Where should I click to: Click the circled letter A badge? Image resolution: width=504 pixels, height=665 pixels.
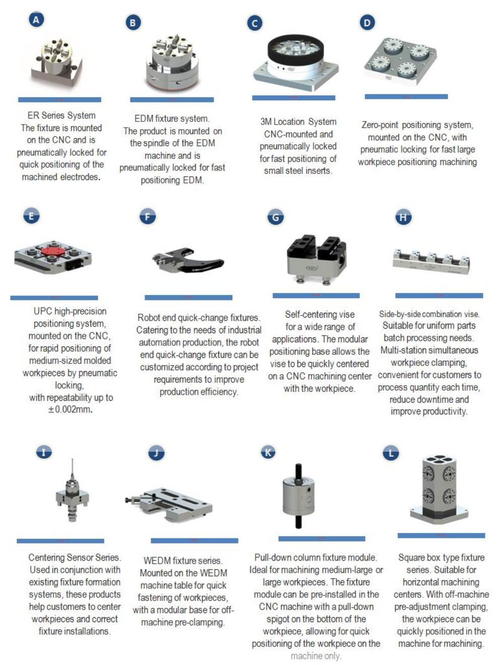coord(36,20)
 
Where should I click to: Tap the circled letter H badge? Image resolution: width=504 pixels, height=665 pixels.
coord(403,217)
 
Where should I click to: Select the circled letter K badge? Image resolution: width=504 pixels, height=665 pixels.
coord(268,452)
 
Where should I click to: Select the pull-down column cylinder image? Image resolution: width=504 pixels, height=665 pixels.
coord(299,497)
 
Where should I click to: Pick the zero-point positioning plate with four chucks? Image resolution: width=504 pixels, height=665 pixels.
coord(400,62)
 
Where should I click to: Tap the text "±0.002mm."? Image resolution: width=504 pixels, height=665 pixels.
coord(70,410)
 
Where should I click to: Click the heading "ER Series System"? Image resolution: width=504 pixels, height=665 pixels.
coord(61,115)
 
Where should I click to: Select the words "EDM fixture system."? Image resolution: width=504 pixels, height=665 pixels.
coord(171,118)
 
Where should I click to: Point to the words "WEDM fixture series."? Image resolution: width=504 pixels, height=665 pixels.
coord(182,561)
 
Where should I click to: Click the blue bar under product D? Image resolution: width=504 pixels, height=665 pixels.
coord(406,96)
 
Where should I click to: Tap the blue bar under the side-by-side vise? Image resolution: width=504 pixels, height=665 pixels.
coord(439,295)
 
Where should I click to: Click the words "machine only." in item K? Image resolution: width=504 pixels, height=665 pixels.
coord(316,656)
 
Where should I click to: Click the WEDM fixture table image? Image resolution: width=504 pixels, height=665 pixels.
coord(171,503)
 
